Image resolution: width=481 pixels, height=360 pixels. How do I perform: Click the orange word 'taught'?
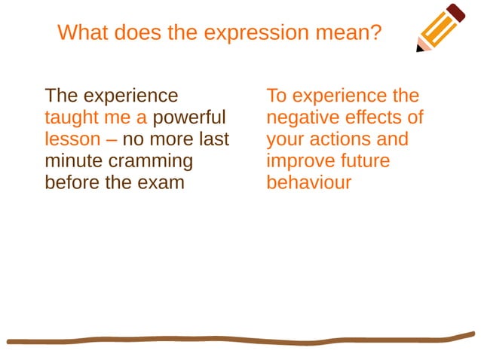(69, 118)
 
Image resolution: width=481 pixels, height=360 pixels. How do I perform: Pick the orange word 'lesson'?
(72, 139)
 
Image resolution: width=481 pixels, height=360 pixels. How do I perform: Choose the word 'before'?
(72, 182)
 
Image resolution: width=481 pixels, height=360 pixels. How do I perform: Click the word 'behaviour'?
(308, 182)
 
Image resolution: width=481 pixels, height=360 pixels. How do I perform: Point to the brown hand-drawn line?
(241, 340)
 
